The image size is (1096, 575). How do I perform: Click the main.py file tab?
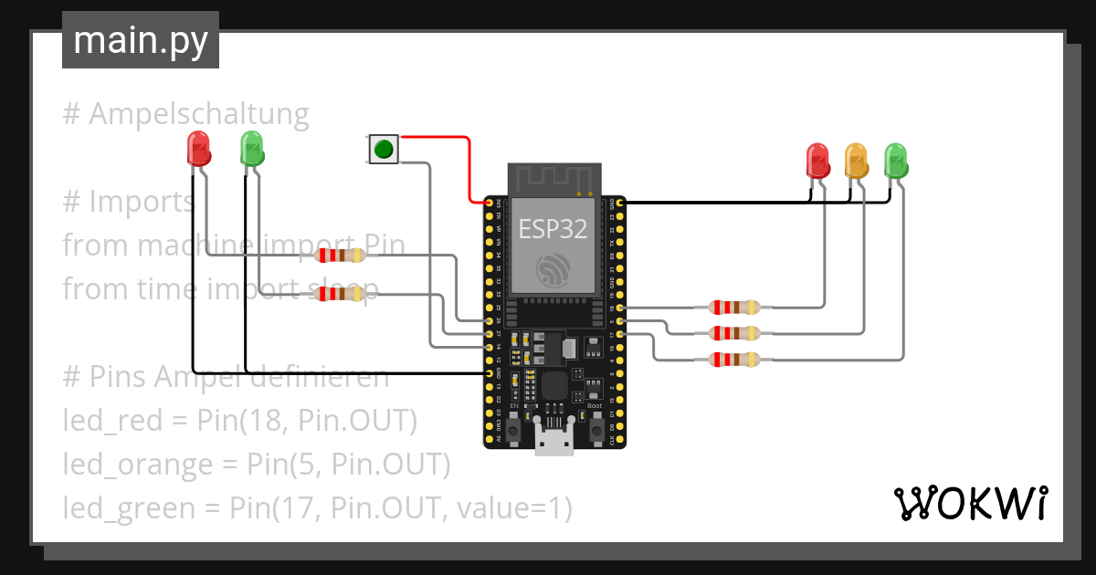coord(140,40)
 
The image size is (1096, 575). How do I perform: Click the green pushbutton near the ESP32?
coord(384,149)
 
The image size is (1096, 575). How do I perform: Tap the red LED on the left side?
coord(198,148)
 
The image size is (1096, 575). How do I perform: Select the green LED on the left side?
coord(251,148)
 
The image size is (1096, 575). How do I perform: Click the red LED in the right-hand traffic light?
coord(817,161)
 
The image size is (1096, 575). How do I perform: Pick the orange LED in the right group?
coord(856,161)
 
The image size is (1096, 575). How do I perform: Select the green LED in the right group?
coord(896,161)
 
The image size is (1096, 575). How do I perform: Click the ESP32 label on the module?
coord(553,229)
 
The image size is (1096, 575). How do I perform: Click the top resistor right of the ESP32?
coord(735,308)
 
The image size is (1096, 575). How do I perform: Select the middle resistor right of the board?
coord(735,333)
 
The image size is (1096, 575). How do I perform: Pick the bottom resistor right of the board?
coord(735,360)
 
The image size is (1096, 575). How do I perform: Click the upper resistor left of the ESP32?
coord(340,256)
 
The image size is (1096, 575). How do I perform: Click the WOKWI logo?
coord(969,503)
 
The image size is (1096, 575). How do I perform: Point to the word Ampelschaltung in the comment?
coord(199,115)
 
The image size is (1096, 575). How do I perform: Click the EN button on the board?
coord(514,430)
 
